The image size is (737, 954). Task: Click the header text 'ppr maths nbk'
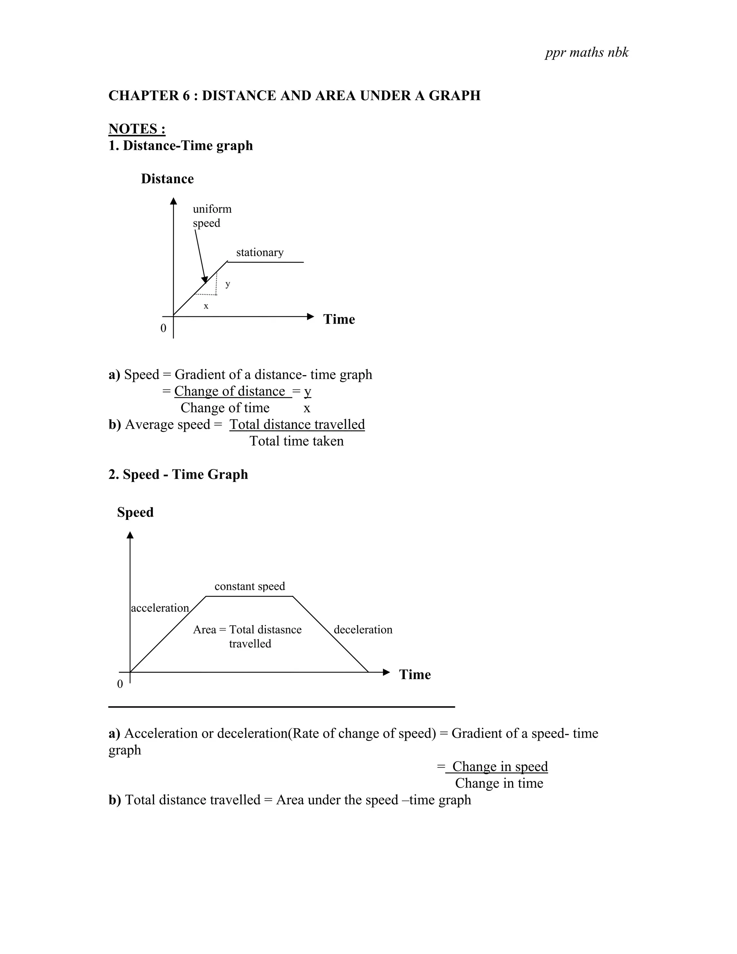586,53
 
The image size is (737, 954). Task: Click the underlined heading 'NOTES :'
137,129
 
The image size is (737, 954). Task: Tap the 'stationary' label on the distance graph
260,252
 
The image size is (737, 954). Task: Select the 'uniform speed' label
212,216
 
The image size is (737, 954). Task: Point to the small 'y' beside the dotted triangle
227,284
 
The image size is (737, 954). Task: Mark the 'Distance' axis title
167,179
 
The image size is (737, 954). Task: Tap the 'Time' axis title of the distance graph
339,319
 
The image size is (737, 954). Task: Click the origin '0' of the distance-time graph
163,328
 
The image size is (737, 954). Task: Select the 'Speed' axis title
135,512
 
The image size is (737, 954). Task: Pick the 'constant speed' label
250,586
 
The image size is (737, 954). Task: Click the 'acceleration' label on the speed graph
160,608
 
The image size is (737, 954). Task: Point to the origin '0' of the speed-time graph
120,684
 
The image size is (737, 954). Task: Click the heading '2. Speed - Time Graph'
178,474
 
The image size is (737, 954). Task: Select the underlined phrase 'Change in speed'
500,766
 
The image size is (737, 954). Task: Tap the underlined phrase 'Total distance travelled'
297,424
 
